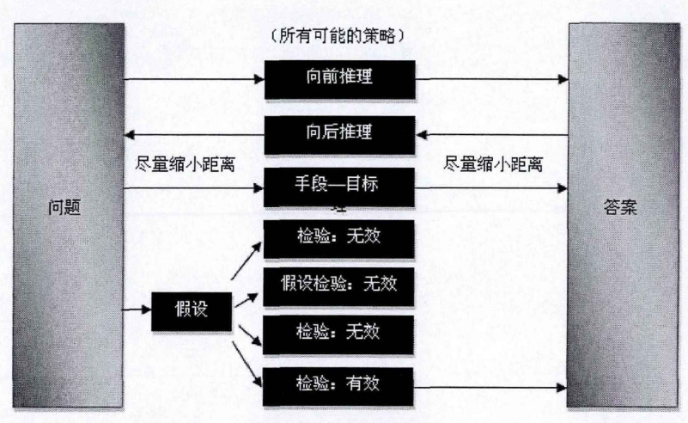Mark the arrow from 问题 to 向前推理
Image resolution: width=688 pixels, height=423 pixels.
[194, 80]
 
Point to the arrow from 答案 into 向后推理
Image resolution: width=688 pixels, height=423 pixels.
[494, 134]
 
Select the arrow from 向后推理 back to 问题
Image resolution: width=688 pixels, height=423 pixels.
[194, 134]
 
